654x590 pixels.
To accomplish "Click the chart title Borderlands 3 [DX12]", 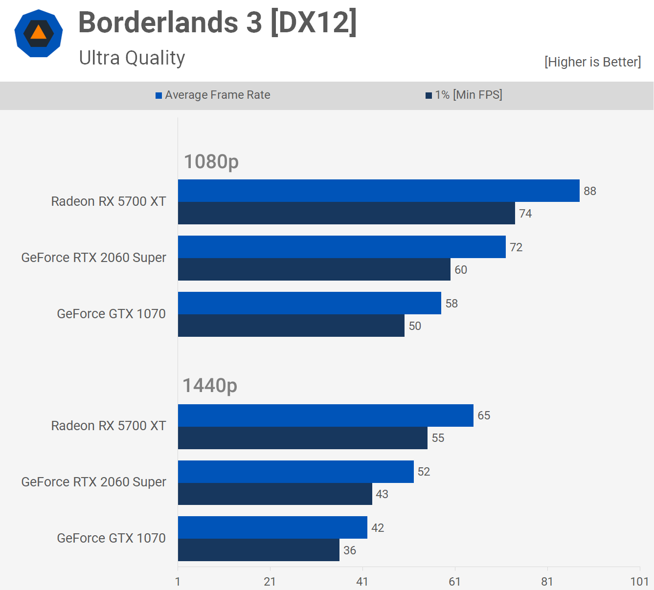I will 218,22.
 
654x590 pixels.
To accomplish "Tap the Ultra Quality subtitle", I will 132,58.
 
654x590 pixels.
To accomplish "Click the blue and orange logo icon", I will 39,33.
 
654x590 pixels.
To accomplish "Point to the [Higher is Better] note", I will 592,62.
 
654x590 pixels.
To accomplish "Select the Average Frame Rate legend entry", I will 213,95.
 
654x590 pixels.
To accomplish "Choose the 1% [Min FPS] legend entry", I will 464,95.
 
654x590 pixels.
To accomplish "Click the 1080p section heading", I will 211,161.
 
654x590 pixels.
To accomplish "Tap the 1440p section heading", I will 210,386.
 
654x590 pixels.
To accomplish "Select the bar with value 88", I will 379,191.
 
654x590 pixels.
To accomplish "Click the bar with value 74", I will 346,213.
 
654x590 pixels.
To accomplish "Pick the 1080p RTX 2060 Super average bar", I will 342,247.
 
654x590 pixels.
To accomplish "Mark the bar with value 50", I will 291,326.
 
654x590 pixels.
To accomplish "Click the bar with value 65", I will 326,415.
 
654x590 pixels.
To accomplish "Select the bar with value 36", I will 259,550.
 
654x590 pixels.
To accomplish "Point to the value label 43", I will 382,494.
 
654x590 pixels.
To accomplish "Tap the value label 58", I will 451,304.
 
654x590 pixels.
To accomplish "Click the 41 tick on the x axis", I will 362,581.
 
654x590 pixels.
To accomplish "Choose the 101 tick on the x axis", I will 639,581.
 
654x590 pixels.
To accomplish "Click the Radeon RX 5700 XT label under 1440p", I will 109,426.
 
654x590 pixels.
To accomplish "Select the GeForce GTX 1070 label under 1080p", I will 112,314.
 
